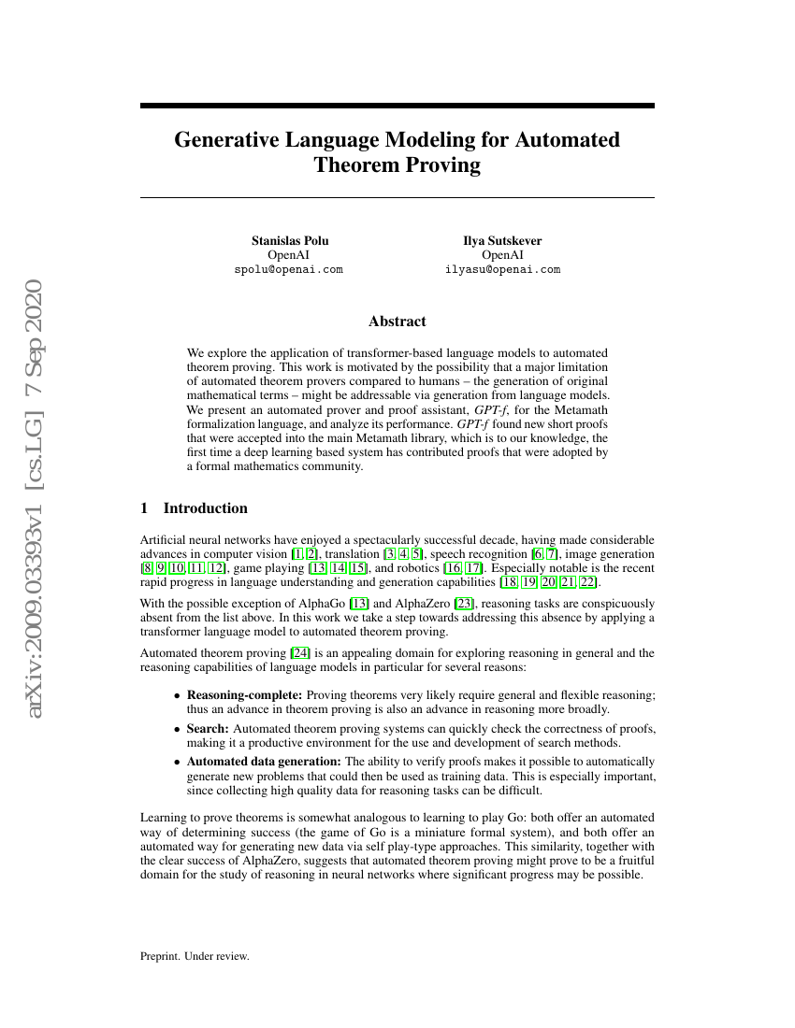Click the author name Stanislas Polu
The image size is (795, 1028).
(290, 240)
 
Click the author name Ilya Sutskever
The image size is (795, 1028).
(502, 240)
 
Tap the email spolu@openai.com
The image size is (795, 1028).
(289, 269)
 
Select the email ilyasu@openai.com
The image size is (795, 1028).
(502, 269)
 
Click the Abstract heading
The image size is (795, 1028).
(397, 321)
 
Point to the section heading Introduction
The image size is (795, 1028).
(205, 508)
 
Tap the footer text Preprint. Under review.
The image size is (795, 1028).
(195, 956)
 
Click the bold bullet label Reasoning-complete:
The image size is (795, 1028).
(245, 695)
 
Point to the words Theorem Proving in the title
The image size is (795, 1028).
(397, 166)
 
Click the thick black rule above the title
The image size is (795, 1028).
(397, 107)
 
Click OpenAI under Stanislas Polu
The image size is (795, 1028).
(289, 254)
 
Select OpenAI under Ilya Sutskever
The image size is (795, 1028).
(502, 254)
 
